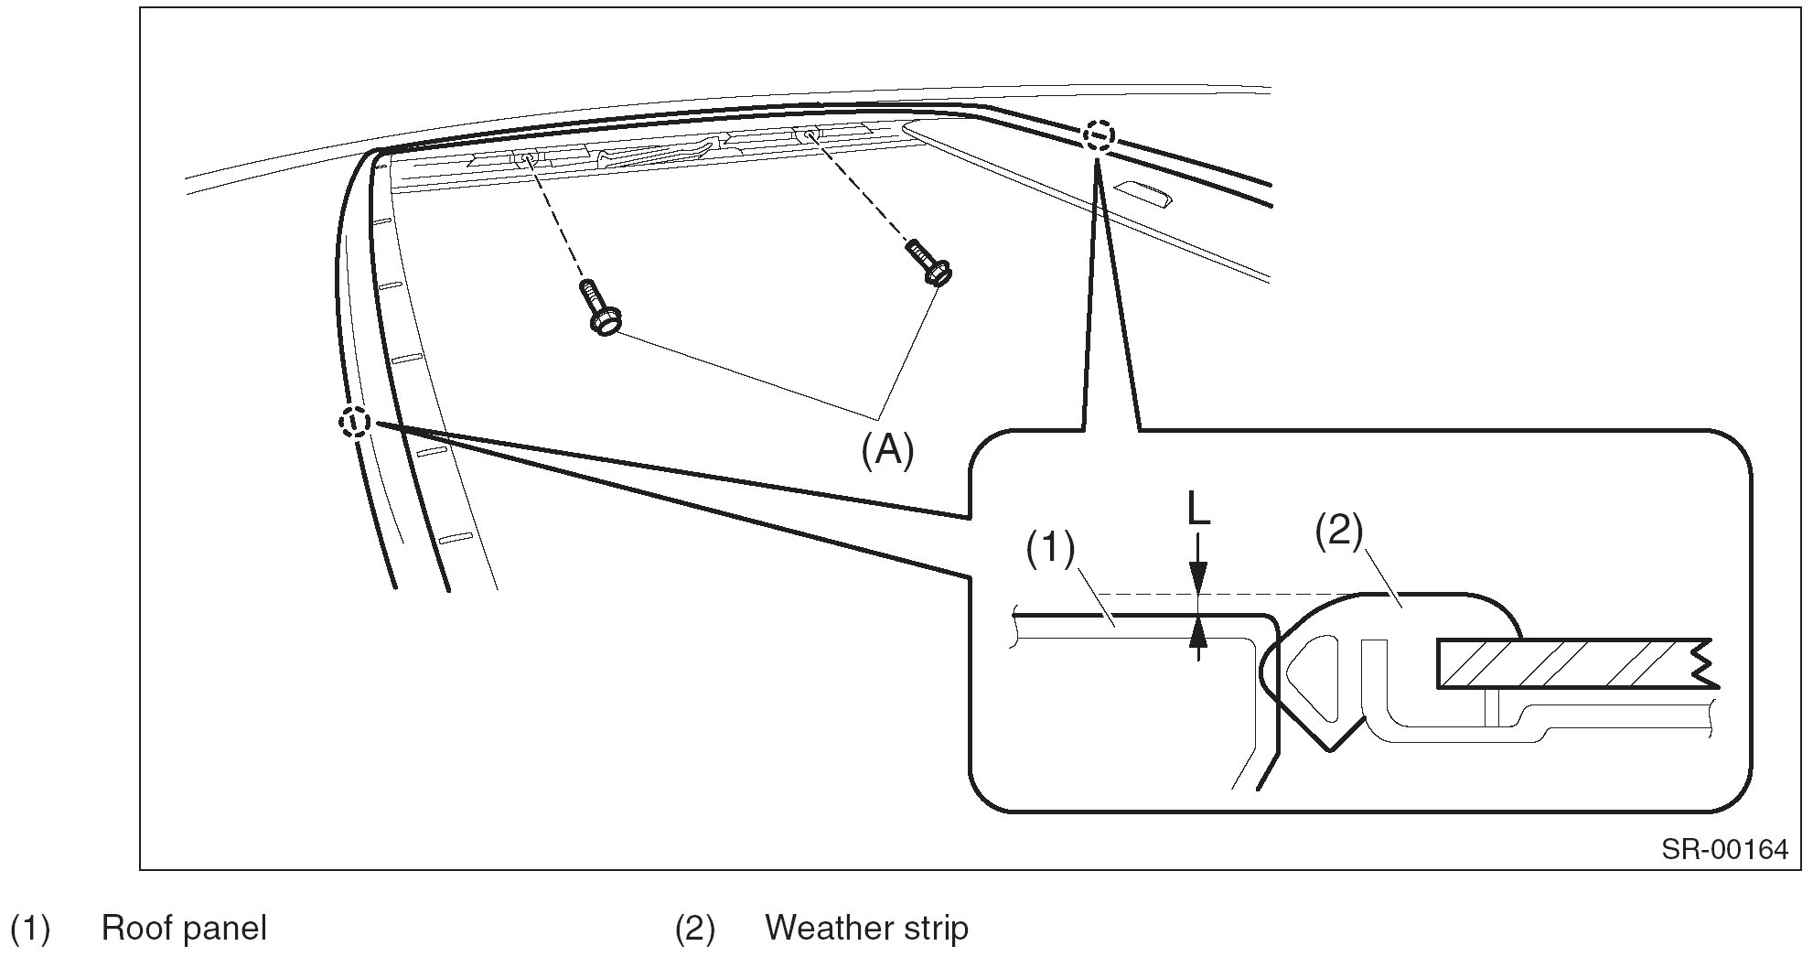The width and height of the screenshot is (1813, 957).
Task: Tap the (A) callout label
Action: coord(887,450)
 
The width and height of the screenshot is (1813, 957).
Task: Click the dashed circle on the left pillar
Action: coord(355,422)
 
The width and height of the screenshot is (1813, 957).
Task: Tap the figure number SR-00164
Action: coord(1724,849)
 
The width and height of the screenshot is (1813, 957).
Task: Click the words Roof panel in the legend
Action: coord(184,928)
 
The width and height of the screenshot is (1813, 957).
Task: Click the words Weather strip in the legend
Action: coord(866,928)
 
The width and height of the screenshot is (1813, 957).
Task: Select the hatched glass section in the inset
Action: coord(1564,663)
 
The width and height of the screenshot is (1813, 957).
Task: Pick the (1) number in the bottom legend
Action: coord(29,928)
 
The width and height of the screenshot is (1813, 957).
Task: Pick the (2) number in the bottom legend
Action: coord(694,928)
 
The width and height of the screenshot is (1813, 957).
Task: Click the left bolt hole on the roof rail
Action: coord(526,159)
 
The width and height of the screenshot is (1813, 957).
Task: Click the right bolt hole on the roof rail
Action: coord(810,136)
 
